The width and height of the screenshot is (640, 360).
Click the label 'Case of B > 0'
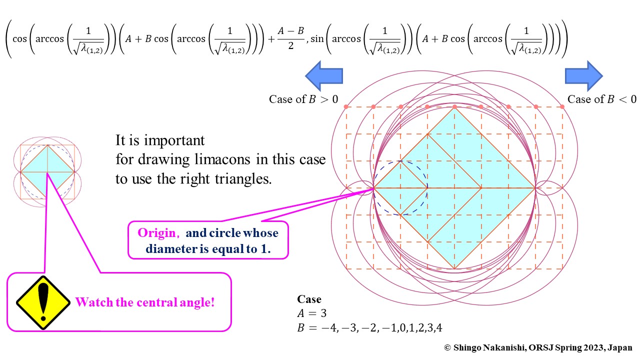(303, 99)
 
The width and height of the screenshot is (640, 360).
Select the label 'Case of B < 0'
(602, 99)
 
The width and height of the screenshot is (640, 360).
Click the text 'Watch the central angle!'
(145, 302)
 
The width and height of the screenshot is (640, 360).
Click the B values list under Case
(369, 328)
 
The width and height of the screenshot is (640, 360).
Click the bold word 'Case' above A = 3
(309, 299)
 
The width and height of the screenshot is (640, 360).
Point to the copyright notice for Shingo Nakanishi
(538, 347)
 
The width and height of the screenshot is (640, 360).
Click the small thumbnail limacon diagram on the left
(47, 171)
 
